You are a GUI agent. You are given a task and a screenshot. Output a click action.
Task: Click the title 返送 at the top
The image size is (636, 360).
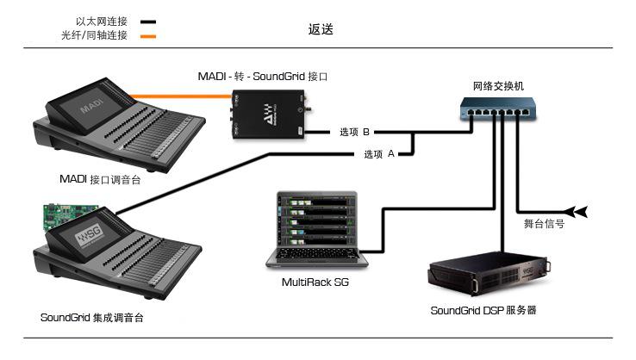[x=321, y=28]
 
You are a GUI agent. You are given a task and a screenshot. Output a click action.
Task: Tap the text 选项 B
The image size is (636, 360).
[x=354, y=133]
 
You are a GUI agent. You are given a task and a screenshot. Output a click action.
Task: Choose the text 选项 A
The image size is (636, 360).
[x=379, y=154]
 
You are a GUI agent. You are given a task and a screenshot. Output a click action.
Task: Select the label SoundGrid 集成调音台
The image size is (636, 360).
[x=91, y=317]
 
